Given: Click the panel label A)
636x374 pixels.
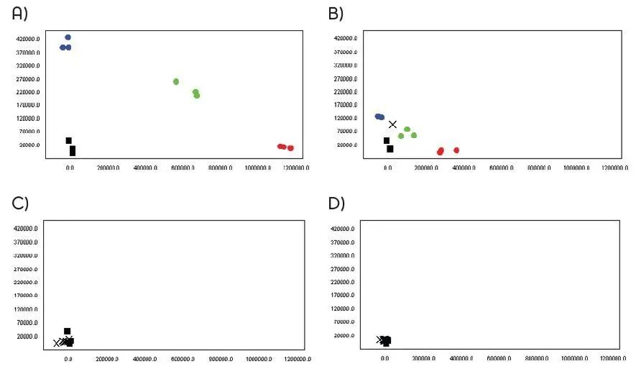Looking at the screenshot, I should [x=19, y=12].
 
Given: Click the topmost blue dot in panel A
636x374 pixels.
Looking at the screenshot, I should [x=68, y=37].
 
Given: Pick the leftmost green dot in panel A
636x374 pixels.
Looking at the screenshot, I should [x=176, y=81].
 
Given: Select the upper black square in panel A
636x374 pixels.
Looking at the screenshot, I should [x=69, y=140].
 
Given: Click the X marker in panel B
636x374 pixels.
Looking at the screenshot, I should [x=392, y=124].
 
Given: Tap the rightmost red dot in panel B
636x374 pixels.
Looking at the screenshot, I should [x=456, y=150].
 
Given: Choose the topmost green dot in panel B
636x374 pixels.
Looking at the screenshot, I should [x=407, y=129].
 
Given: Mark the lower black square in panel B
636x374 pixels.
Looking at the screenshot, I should [x=390, y=149].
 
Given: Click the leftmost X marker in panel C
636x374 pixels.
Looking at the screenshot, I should [x=57, y=343].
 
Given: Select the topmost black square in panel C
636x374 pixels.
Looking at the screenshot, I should [x=68, y=332].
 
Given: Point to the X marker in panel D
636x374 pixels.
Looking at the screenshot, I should [x=380, y=339].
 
